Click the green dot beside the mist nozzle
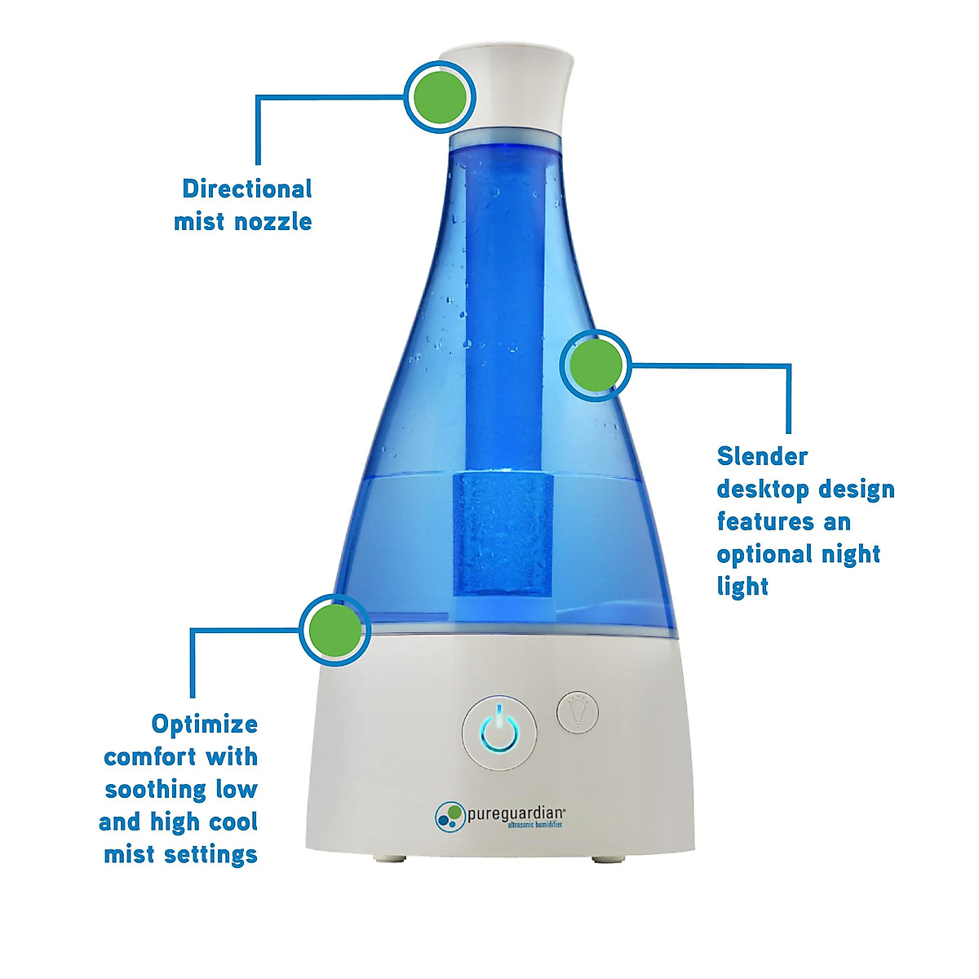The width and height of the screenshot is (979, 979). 440,97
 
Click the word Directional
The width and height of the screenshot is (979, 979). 246,189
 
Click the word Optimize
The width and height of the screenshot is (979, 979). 204,724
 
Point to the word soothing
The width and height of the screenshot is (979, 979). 156,790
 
